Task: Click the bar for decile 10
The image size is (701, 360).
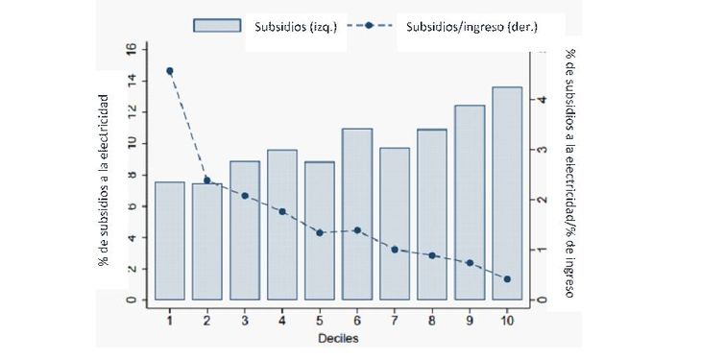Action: click(507, 193)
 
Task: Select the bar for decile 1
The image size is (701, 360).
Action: click(169, 240)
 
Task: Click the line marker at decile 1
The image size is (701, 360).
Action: click(170, 71)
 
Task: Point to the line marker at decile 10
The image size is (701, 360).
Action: click(507, 279)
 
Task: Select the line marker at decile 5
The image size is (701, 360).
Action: click(320, 232)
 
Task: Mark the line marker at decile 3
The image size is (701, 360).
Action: click(245, 196)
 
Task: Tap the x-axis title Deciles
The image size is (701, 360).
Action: click(338, 338)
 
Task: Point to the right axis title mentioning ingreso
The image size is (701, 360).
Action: click(569, 173)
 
